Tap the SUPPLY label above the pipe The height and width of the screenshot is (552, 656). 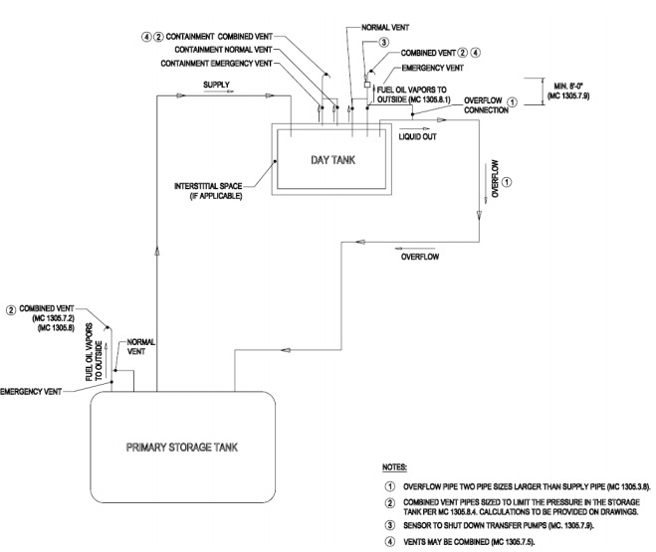click(x=217, y=86)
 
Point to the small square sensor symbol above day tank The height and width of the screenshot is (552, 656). click(x=367, y=86)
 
